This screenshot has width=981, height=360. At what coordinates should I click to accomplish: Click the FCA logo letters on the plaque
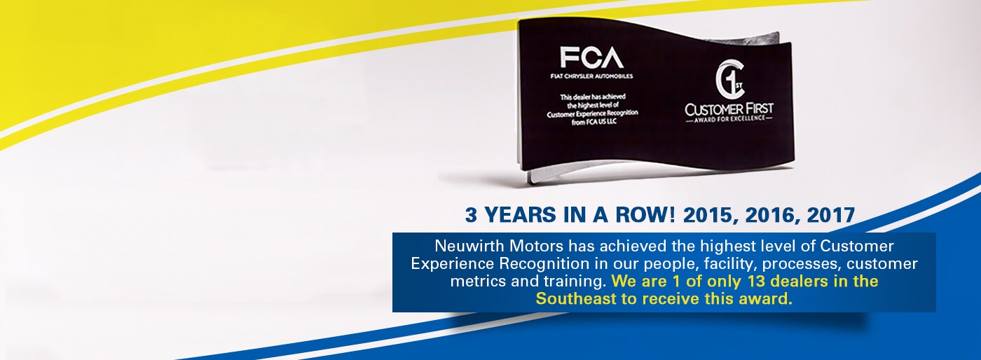coord(591,57)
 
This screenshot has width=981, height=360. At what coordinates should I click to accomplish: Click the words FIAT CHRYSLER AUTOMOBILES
coord(591,76)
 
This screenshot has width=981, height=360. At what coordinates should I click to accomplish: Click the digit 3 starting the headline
coord(470,215)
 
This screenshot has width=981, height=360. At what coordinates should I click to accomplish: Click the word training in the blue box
coord(575,282)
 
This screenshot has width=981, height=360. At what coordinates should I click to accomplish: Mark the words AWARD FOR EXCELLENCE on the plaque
coord(729,118)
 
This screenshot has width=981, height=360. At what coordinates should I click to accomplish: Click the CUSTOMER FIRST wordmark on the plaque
coord(729,109)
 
